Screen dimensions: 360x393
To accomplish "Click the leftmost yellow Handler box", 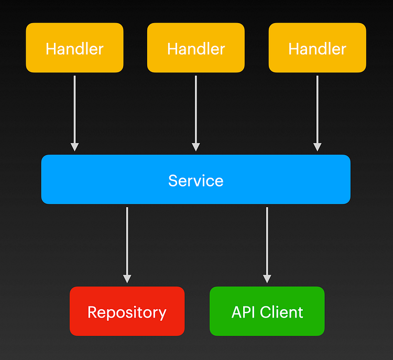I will (74, 48).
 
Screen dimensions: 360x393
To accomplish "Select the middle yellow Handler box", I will (195, 48).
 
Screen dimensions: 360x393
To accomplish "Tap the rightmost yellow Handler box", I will (317, 48).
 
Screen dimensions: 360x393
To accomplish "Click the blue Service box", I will (195, 179).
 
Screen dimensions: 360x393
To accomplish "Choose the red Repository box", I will (127, 311).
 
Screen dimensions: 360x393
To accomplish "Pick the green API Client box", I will (267, 311).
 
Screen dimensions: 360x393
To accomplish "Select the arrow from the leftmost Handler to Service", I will (74, 110).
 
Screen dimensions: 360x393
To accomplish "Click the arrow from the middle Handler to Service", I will (195, 110).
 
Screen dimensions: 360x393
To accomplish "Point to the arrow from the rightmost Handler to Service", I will (317, 110).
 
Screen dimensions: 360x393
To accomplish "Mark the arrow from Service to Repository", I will (127, 241).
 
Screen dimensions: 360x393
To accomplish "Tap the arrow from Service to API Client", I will (267, 241).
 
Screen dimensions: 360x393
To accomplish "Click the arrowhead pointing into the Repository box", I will (127, 278).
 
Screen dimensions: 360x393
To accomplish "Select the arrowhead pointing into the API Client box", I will (267, 278).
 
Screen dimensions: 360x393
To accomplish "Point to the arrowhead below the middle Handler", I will (195, 147).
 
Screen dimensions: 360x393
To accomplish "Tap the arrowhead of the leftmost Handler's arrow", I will (74, 147).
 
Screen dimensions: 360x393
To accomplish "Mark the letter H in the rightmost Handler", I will (294, 49).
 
